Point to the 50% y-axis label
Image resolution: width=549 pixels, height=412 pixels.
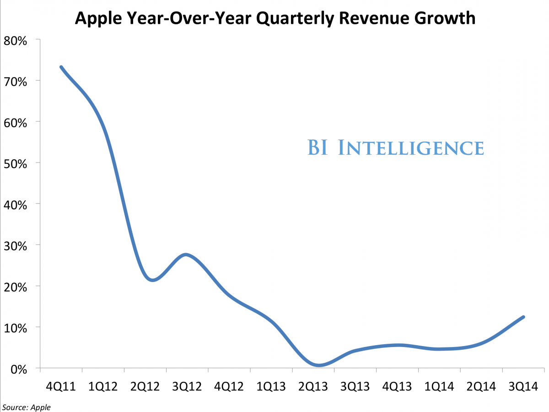point(16,163)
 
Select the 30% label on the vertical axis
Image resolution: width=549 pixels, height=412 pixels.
point(16,245)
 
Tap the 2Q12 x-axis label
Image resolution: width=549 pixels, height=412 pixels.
point(145,386)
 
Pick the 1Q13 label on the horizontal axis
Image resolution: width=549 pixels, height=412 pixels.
point(271,386)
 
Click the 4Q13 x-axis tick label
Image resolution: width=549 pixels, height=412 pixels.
point(398,386)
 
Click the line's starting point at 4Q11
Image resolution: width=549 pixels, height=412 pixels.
point(61,67)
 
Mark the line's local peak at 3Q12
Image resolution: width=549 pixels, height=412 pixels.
point(186,255)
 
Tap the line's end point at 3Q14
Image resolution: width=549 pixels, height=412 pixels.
point(523,317)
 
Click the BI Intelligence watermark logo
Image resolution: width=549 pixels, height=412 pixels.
point(395,148)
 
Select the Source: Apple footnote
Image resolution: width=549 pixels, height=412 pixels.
point(26,407)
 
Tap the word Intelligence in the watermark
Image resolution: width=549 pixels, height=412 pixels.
point(410,148)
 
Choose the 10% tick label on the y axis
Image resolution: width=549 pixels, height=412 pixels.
point(16,327)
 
